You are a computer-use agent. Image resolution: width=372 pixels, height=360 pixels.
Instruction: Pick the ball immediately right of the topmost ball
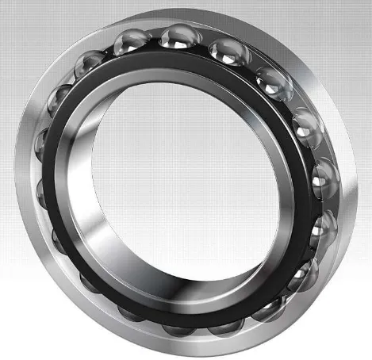pyautogui.click(x=228, y=51)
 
